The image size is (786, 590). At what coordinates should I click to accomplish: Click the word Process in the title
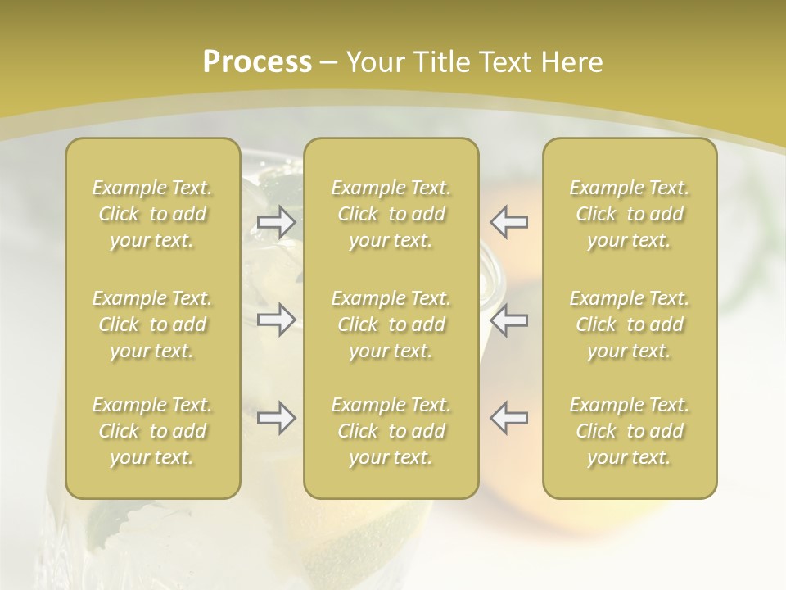click(x=257, y=62)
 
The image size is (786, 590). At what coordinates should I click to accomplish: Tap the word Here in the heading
click(x=570, y=62)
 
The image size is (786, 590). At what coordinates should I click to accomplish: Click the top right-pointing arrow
click(x=276, y=222)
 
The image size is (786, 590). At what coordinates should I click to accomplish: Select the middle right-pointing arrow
click(x=276, y=320)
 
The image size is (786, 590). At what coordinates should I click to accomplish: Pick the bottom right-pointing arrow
click(x=276, y=418)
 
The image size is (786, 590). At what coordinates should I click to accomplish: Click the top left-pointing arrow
click(x=509, y=222)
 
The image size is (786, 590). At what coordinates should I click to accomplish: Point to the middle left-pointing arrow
click(x=509, y=320)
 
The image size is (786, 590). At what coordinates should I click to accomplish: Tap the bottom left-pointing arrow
click(x=509, y=418)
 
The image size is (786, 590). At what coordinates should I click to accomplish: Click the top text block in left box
click(x=152, y=214)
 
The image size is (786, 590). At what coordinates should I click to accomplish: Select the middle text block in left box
click(x=152, y=324)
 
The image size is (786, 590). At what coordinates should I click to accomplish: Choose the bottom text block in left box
click(x=152, y=431)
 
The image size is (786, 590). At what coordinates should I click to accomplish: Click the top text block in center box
click(x=391, y=214)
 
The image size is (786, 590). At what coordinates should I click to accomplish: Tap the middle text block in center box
click(x=391, y=324)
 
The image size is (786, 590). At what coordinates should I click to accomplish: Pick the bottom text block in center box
click(x=391, y=431)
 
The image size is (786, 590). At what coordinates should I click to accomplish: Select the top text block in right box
click(x=630, y=214)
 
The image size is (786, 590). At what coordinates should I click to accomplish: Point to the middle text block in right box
click(x=630, y=324)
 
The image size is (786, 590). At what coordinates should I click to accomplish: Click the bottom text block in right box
click(x=630, y=431)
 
